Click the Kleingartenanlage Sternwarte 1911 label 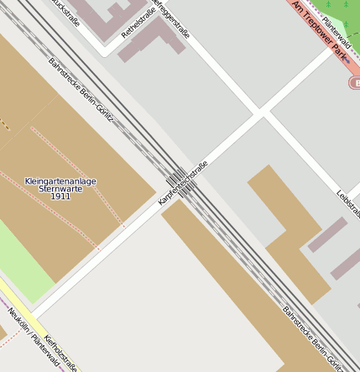click(x=60, y=188)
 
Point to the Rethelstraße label click(x=138, y=21)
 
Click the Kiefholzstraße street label click(x=60, y=351)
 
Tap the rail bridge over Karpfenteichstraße click(x=179, y=181)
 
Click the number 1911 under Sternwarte click(x=60, y=196)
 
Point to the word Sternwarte click(x=60, y=189)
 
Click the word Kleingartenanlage click(x=60, y=181)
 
